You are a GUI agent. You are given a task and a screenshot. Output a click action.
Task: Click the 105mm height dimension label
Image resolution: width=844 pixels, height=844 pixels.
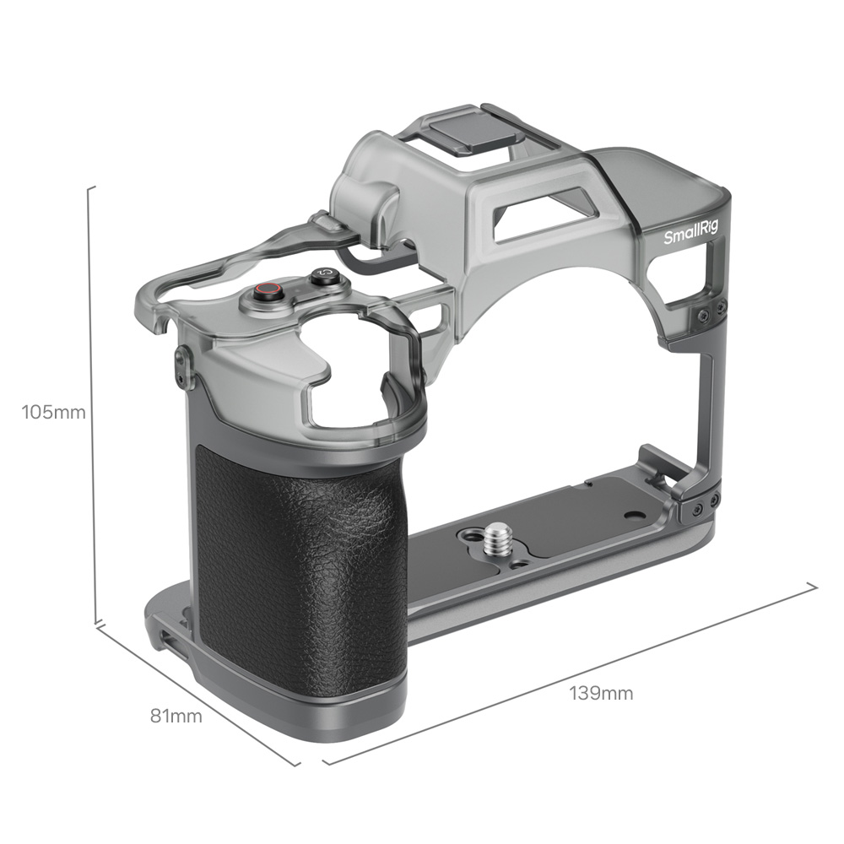point(53,413)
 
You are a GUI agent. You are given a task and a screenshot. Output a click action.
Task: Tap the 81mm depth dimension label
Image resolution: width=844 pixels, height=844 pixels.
point(176,716)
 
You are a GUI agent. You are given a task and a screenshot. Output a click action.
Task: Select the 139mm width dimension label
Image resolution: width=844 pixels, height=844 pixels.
point(601,693)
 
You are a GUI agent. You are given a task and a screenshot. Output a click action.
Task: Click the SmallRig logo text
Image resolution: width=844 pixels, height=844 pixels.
point(690,234)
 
